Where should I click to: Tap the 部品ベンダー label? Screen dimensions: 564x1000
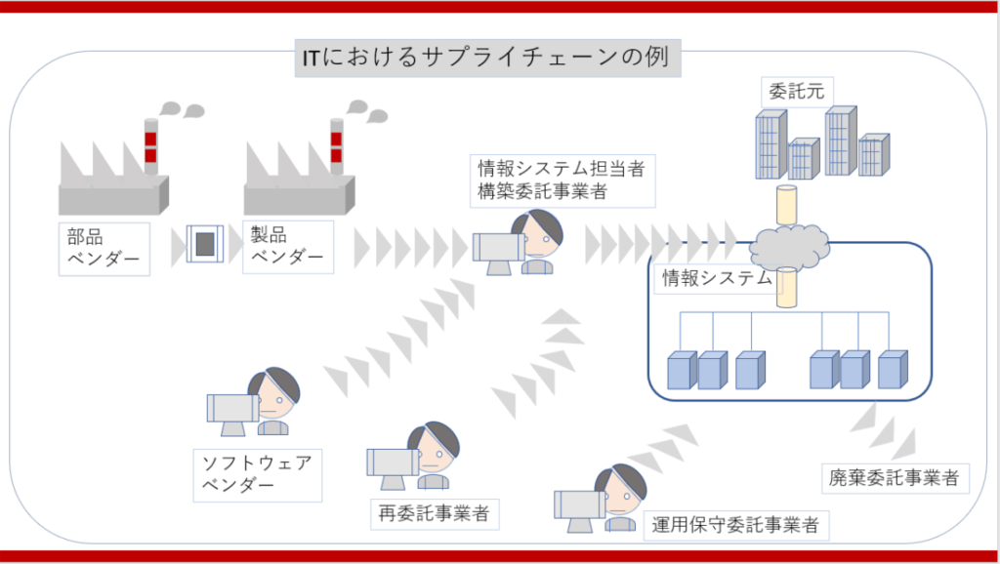coord(104,248)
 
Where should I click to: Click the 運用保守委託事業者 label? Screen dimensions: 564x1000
coord(736,525)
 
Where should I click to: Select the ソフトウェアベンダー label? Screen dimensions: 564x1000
coord(257,474)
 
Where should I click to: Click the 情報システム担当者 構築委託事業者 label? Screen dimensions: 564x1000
coord(561,180)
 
